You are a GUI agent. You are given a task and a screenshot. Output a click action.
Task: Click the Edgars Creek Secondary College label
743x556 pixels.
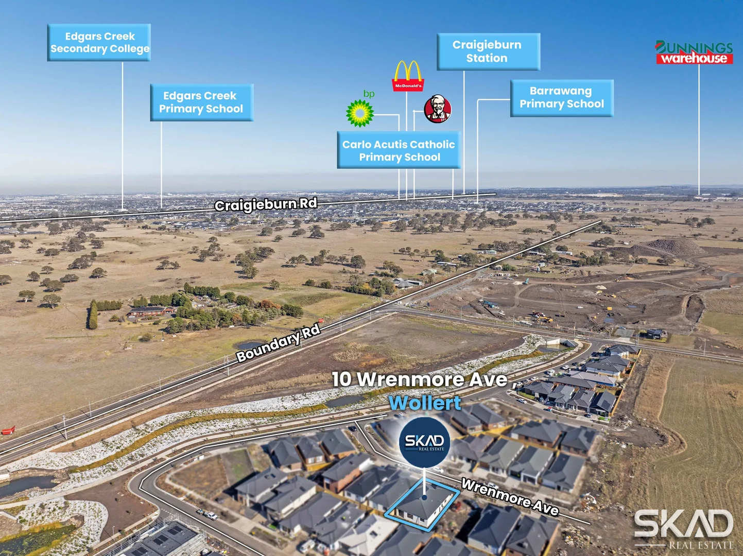click(99, 42)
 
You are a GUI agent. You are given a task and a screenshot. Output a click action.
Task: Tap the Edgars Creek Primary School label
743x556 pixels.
click(202, 102)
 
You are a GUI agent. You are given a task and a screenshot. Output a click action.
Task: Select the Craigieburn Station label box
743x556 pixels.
click(488, 51)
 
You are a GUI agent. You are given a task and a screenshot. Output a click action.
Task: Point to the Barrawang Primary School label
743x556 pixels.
click(562, 98)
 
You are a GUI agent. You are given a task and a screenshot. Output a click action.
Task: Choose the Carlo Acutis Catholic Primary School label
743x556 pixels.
click(399, 150)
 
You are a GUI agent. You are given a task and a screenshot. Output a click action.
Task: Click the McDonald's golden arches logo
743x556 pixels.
click(408, 76)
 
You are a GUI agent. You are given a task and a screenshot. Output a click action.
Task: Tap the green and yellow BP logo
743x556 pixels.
click(360, 110)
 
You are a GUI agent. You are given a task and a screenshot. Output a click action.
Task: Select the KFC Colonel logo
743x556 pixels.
click(438, 109)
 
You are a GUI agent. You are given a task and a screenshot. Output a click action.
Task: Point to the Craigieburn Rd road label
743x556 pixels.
click(266, 204)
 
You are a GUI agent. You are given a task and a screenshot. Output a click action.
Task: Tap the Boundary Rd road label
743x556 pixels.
click(278, 343)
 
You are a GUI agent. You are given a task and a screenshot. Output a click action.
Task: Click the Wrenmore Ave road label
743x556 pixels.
click(510, 497)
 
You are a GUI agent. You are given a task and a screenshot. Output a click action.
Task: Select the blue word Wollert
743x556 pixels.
click(425, 403)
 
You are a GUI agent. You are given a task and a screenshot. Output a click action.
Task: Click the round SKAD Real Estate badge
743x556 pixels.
click(424, 442)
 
